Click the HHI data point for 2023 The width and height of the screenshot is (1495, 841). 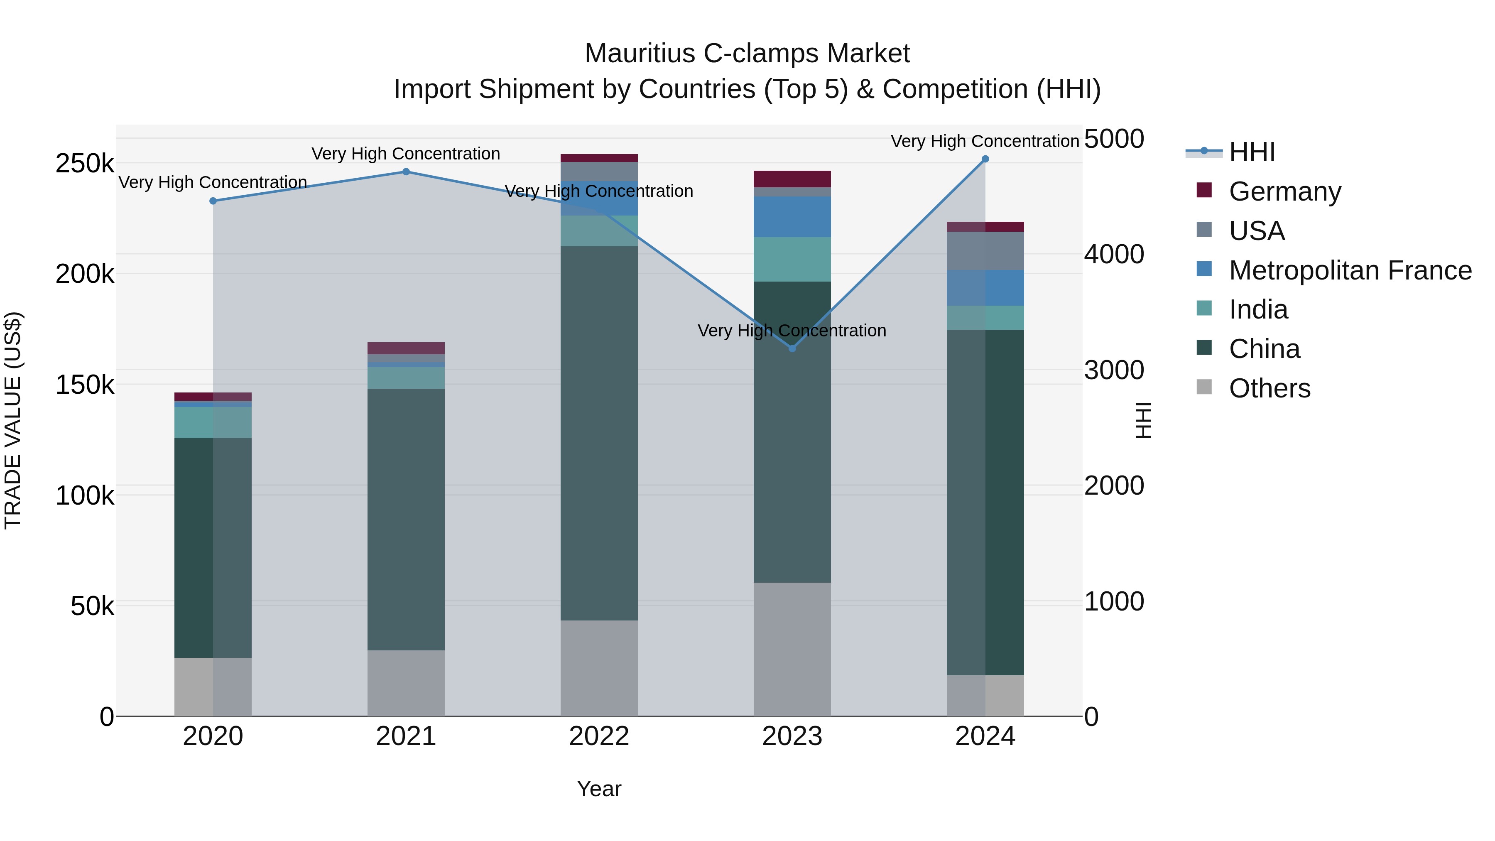pyautogui.click(x=792, y=348)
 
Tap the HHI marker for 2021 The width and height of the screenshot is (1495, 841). pyautogui.click(x=406, y=172)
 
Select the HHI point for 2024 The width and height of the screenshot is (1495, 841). pyautogui.click(x=985, y=159)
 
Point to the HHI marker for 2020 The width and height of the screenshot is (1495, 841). pyautogui.click(x=213, y=201)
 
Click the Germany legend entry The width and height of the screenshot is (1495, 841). pyautogui.click(x=1284, y=191)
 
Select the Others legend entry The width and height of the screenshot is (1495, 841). pyautogui.click(x=1269, y=388)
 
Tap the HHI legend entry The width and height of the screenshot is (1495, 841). pyautogui.click(x=1252, y=152)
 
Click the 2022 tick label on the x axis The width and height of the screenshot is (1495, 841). pyautogui.click(x=599, y=736)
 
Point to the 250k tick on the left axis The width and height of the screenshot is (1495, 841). pyautogui.click(x=85, y=164)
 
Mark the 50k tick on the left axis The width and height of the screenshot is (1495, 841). pyautogui.click(x=92, y=606)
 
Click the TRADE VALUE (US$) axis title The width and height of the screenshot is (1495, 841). pyautogui.click(x=13, y=420)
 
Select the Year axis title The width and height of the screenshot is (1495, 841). pyautogui.click(x=599, y=789)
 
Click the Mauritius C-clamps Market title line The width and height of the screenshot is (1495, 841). pyautogui.click(x=747, y=54)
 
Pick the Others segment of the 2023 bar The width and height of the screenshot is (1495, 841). pyautogui.click(x=792, y=649)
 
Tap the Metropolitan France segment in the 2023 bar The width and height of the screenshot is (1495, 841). pyautogui.click(x=792, y=216)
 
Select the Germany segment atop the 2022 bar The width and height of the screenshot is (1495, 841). pyautogui.click(x=599, y=158)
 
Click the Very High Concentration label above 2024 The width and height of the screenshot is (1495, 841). pyautogui.click(x=985, y=141)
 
